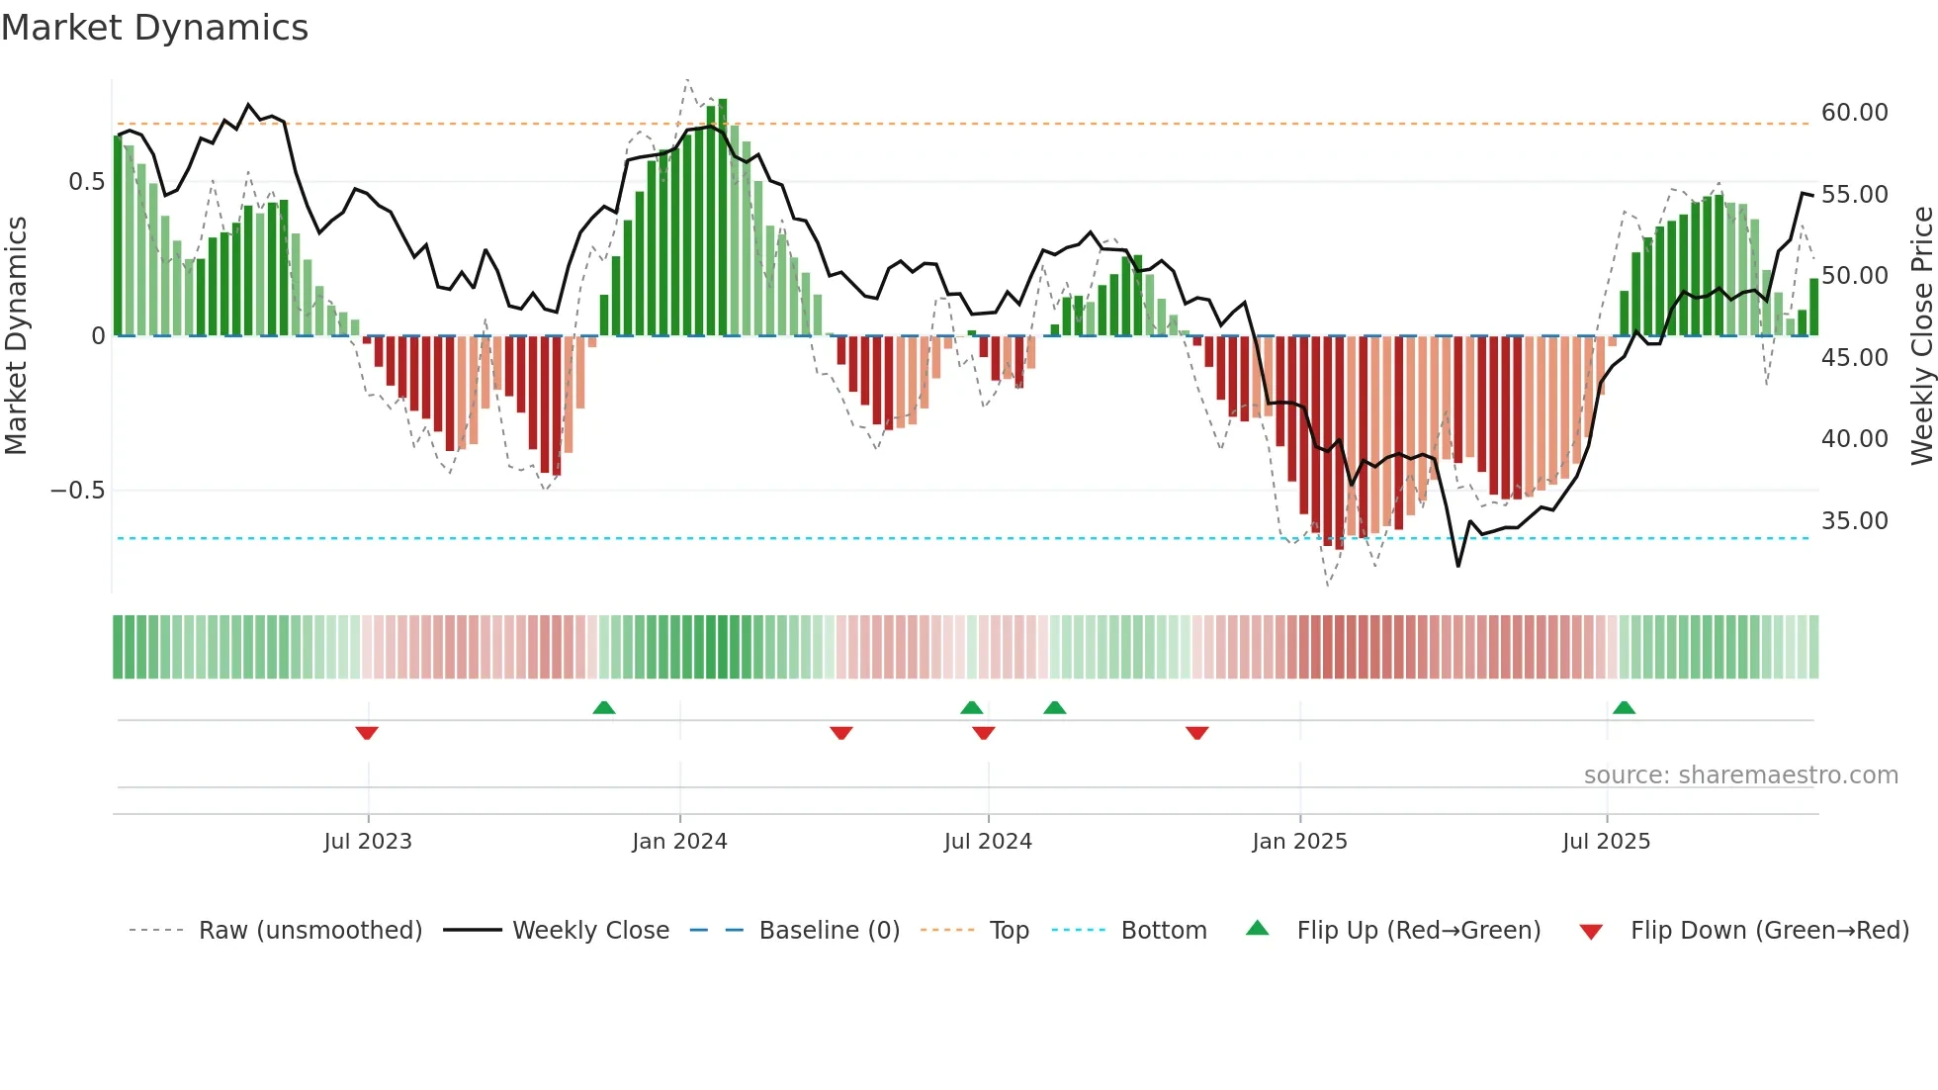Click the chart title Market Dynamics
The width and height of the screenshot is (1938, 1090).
(155, 28)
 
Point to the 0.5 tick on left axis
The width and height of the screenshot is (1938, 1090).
(86, 182)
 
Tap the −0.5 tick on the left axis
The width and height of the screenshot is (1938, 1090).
(78, 491)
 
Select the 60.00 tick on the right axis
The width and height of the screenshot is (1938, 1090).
(1854, 113)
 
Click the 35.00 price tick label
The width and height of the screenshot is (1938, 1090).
(1854, 521)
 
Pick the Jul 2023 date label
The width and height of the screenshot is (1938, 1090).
(368, 842)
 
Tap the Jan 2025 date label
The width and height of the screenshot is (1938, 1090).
(1299, 842)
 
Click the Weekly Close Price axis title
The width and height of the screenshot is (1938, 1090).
(1921, 336)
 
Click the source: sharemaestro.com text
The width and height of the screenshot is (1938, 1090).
(1740, 775)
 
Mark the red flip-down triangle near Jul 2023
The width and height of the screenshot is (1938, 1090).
(367, 733)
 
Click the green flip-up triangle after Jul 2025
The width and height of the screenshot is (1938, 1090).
(1624, 707)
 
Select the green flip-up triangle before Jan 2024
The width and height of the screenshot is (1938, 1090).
(604, 707)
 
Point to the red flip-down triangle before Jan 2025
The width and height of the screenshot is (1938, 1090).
(1197, 733)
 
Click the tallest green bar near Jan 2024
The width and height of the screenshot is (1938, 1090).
(723, 218)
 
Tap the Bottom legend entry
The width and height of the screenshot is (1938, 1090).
(1163, 931)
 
